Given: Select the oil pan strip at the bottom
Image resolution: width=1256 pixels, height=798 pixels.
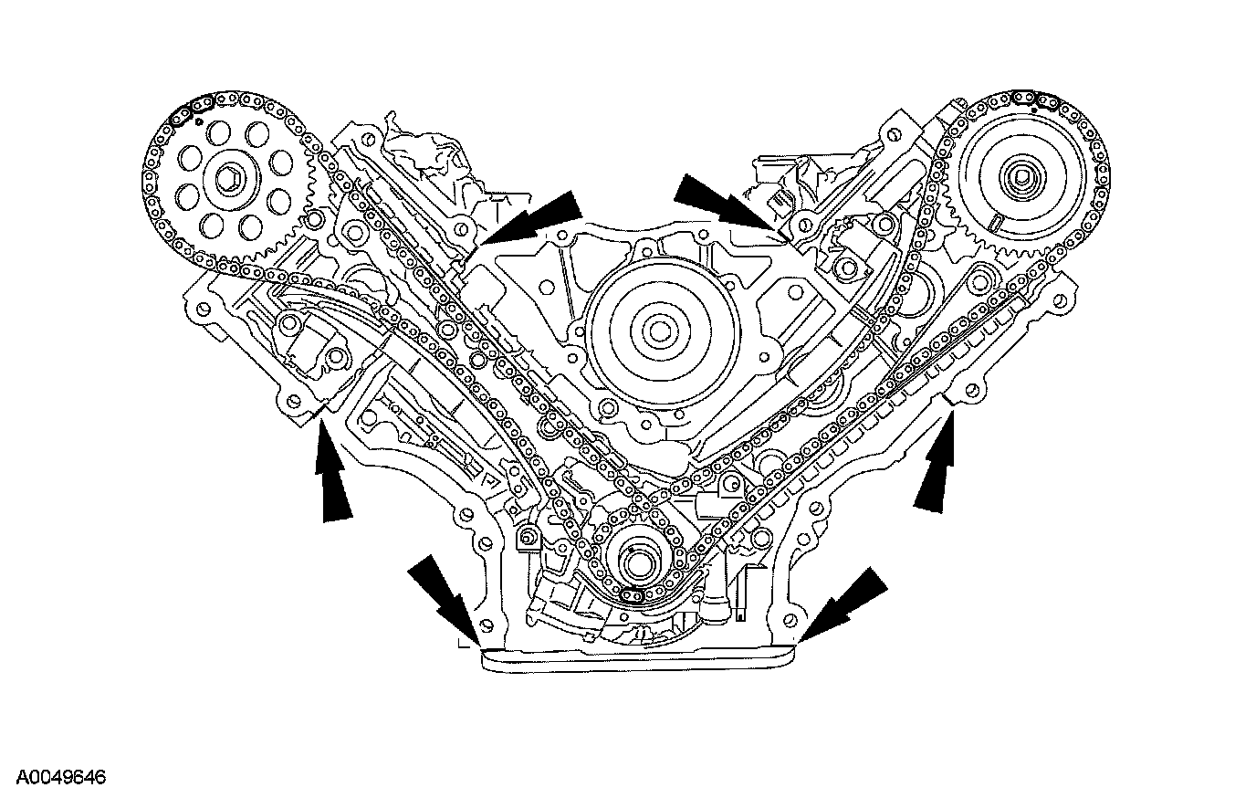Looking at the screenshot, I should [638, 658].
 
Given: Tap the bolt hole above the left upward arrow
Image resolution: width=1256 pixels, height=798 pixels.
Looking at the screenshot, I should [293, 399].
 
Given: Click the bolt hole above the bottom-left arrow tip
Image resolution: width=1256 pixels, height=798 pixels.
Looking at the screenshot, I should [486, 625].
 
